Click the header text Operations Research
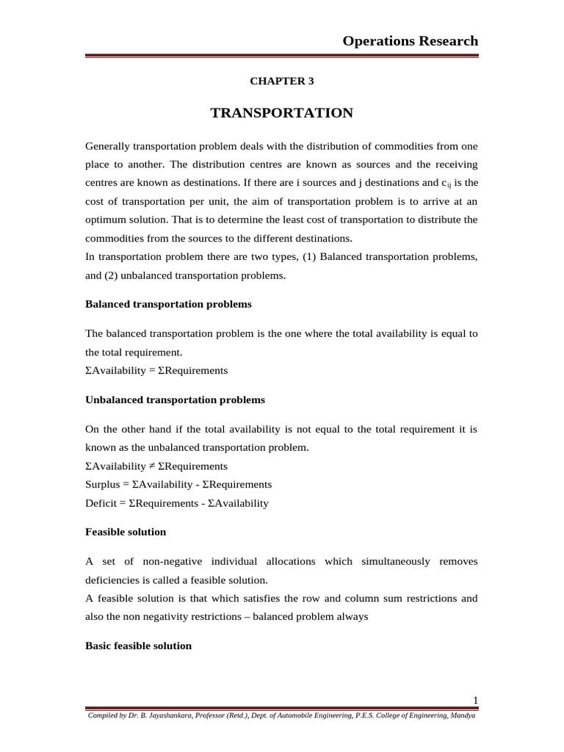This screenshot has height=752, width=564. pyautogui.click(x=410, y=41)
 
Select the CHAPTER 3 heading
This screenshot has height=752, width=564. pyautogui.click(x=281, y=82)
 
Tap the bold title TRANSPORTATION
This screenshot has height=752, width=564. pyautogui.click(x=281, y=113)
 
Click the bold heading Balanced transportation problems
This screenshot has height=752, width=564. pyautogui.click(x=168, y=304)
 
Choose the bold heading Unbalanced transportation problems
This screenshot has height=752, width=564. pyautogui.click(x=175, y=400)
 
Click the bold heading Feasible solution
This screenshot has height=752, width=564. pyautogui.click(x=126, y=532)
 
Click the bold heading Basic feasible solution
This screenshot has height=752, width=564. pyautogui.click(x=138, y=646)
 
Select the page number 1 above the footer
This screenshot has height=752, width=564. pyautogui.click(x=475, y=700)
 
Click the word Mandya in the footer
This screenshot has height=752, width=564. pyautogui.click(x=463, y=715)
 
